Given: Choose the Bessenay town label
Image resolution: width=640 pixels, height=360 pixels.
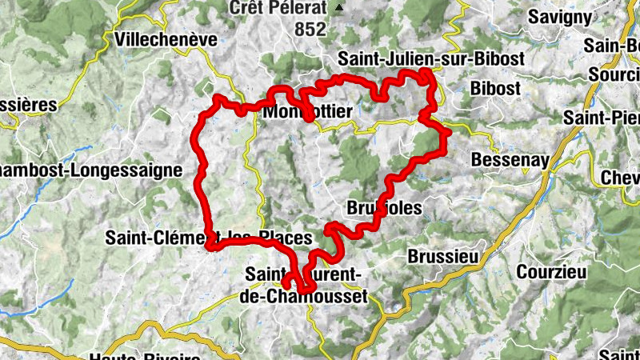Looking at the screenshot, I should point(510,159).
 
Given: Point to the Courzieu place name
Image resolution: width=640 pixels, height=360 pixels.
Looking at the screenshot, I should point(551,271).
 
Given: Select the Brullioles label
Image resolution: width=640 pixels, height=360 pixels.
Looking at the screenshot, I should point(384,208).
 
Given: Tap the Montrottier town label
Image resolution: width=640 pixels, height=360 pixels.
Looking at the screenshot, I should point(307,114).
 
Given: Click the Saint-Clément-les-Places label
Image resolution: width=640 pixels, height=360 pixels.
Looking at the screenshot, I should point(208,238).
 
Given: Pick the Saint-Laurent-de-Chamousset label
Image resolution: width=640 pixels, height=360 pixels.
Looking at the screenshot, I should point(303,286).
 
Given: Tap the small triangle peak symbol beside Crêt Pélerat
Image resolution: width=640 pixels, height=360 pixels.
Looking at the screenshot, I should point(339,8).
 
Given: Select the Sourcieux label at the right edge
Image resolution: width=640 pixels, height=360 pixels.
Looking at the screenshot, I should point(614,74).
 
